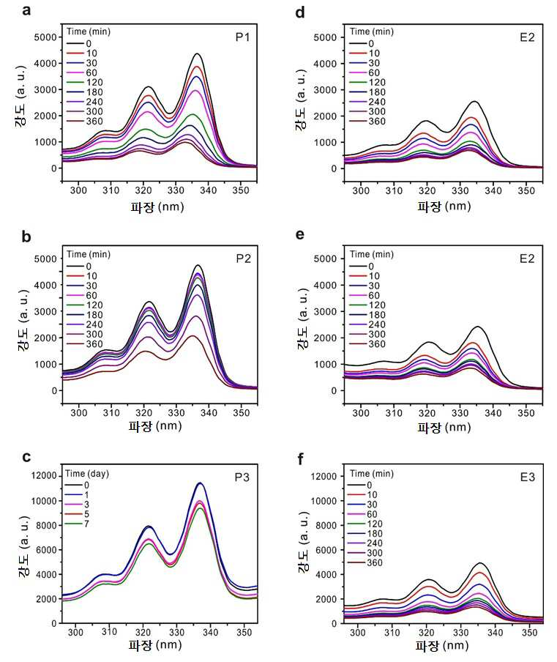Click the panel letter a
[x=26, y=10]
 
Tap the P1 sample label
[x=242, y=37]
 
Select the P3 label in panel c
[x=242, y=477]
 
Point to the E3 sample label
[x=527, y=477]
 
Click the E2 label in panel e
[x=527, y=259]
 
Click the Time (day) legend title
[x=87, y=474]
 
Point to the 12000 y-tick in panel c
[x=44, y=476]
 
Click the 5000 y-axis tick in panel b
[x=45, y=259]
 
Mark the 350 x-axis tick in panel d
[x=526, y=190]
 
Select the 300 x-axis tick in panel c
[x=75, y=632]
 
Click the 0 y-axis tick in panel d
[x=334, y=168]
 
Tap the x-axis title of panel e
[x=444, y=427]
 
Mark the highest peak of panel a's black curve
[x=197, y=53]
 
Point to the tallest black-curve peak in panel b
[x=198, y=265]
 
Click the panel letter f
[x=300, y=459]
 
